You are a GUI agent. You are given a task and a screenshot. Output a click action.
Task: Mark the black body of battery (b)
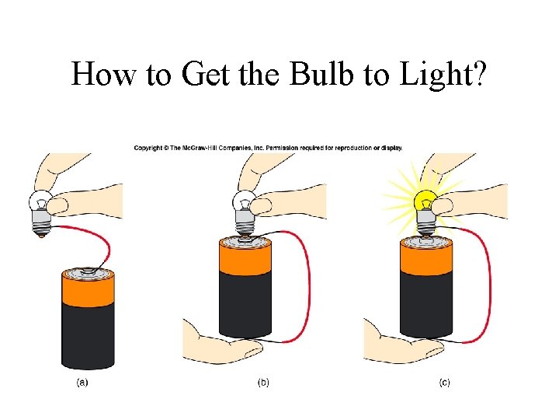(245, 307)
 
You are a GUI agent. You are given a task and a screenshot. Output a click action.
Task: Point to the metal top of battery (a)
(88, 271)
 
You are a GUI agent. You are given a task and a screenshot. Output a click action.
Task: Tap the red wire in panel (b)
(308, 280)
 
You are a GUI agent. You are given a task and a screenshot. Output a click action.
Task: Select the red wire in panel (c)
(488, 280)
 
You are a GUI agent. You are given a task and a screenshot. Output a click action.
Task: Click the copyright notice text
(268, 148)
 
